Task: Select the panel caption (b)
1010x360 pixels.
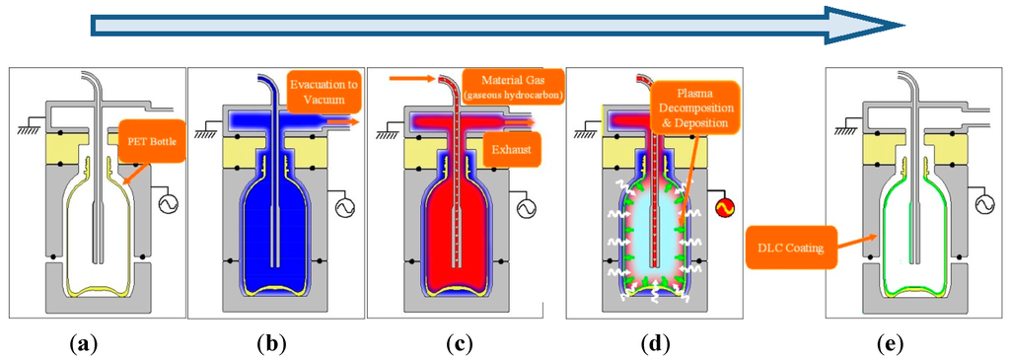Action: click(272, 344)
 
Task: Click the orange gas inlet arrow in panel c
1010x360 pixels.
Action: click(404, 77)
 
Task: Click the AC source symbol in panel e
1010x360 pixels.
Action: click(982, 204)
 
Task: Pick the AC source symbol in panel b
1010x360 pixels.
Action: click(345, 208)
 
